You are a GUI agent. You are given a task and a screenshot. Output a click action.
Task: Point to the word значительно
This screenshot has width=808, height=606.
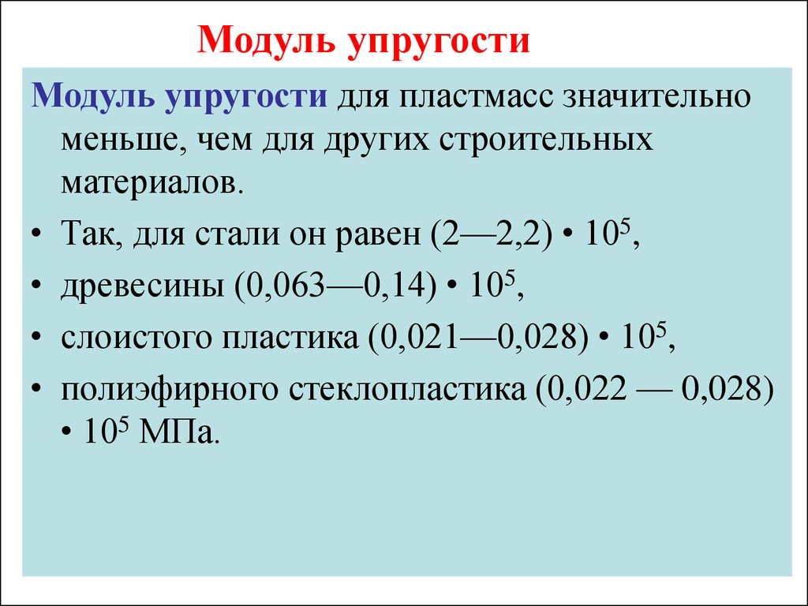[x=656, y=96]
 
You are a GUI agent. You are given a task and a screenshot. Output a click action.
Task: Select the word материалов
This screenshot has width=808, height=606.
[x=151, y=183]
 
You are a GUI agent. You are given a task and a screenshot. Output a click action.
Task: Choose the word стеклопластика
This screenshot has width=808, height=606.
[x=407, y=390]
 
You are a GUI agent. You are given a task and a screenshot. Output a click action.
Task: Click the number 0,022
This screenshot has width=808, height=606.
[x=588, y=389]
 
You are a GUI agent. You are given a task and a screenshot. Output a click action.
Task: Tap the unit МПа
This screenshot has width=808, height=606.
[x=176, y=433]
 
